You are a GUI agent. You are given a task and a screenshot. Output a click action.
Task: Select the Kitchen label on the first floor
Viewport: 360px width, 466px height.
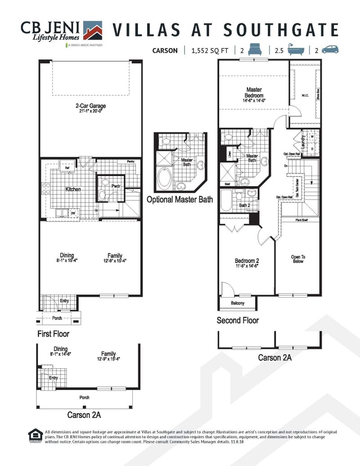[x=73, y=190]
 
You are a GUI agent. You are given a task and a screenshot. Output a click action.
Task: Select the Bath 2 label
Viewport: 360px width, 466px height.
[x=244, y=205]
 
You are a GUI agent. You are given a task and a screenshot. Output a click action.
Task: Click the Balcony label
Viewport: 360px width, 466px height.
[x=237, y=303]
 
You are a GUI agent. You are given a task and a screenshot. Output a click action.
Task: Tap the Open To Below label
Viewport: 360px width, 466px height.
[x=297, y=259]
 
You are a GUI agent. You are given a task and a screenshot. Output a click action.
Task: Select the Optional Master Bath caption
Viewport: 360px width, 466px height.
[x=179, y=199]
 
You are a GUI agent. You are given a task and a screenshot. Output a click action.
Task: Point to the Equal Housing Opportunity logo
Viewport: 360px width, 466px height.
[x=34, y=435]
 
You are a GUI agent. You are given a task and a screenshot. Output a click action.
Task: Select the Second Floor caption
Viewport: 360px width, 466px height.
[x=238, y=321]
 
